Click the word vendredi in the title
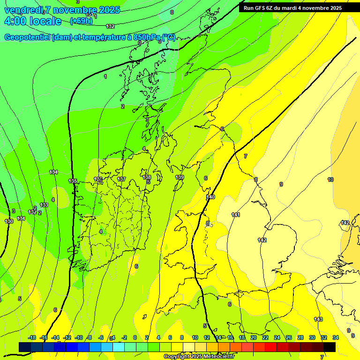(x=23, y=10)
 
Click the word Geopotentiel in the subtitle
(x=26, y=37)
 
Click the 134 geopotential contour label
(x=53, y=172)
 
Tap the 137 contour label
(x=121, y=179)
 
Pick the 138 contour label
(x=147, y=177)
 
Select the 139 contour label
(x=180, y=177)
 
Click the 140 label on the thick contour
(x=210, y=197)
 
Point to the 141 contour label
(x=236, y=215)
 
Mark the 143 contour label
(x=318, y=319)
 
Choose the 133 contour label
(x=44, y=205)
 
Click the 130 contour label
(x=9, y=221)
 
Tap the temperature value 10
(x=330, y=180)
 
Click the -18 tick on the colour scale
(x=32, y=337)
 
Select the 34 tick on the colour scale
(x=336, y=337)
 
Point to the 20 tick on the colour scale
(x=254, y=337)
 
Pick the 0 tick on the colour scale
(x=135, y=337)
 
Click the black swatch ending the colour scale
(x=330, y=347)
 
